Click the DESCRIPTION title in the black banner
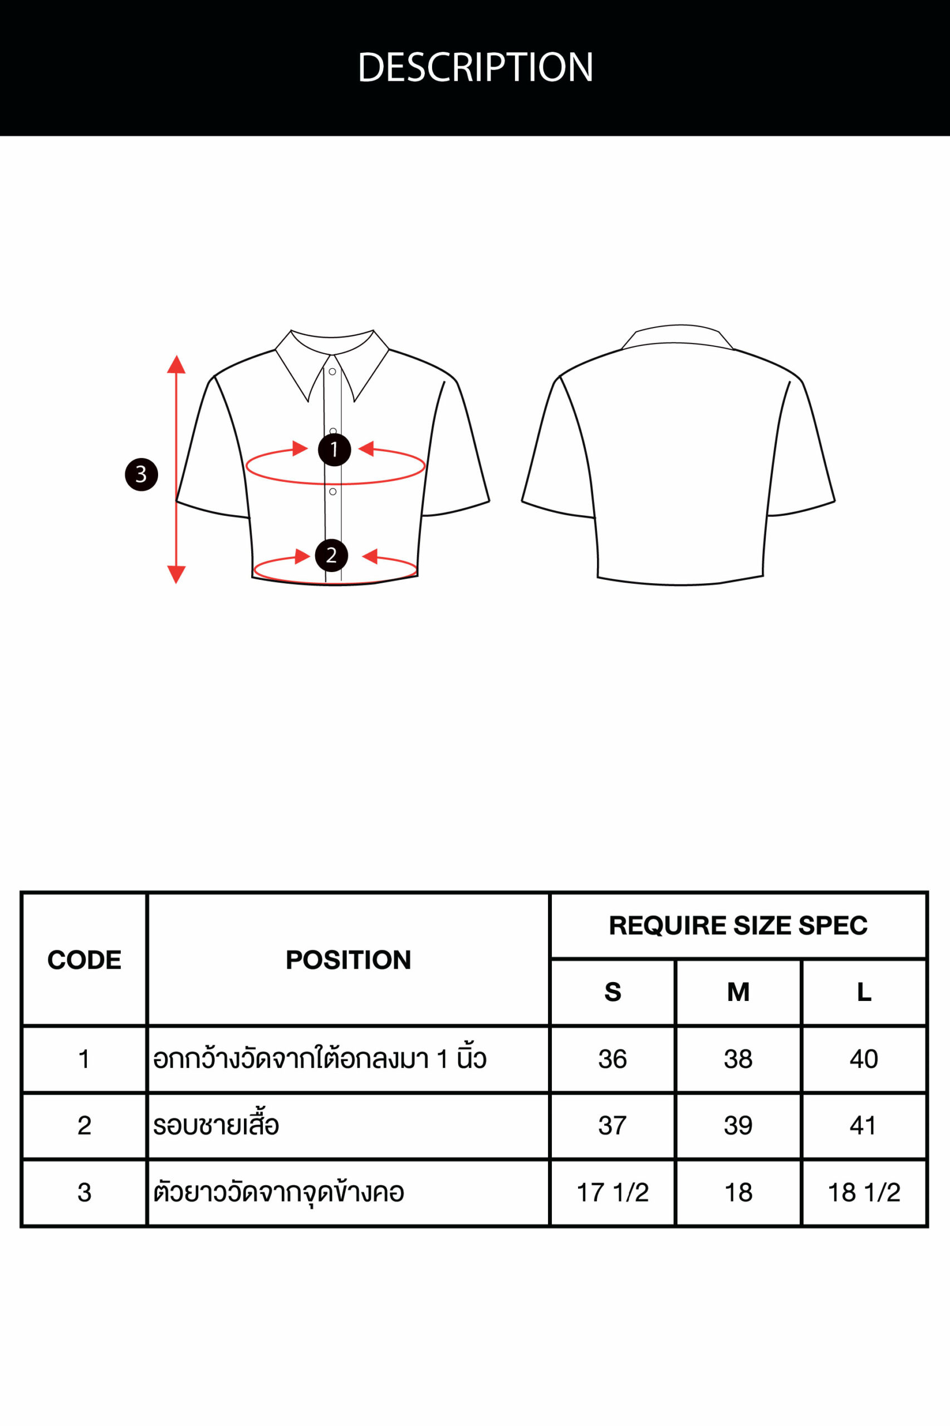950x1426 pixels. point(475,67)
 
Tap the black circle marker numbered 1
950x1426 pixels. point(335,450)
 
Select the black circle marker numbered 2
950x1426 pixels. point(331,555)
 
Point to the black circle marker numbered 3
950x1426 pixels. point(141,475)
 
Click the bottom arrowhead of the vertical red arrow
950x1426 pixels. point(177,574)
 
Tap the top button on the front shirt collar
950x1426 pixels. point(332,372)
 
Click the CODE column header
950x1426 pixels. point(84,960)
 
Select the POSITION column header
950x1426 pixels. point(349,960)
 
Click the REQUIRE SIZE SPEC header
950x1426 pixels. point(738,925)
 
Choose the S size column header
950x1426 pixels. point(613,992)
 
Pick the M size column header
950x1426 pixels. point(738,992)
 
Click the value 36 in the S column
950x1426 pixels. point(613,1059)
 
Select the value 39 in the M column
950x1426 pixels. point(738,1125)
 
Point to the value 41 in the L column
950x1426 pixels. point(863,1125)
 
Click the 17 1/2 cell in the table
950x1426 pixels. point(613,1193)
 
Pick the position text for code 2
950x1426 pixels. point(216,1125)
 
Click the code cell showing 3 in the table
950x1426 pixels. point(84,1193)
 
